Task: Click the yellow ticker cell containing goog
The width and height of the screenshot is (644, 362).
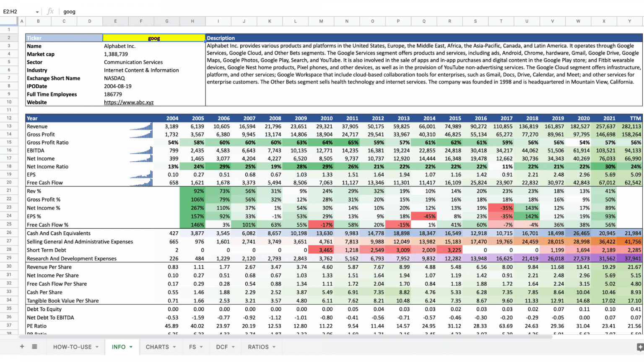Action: [153, 38]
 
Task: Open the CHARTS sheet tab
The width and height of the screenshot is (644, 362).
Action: [157, 347]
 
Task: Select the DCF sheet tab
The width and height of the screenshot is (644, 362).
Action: [222, 347]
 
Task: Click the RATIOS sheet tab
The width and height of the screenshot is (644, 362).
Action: [258, 347]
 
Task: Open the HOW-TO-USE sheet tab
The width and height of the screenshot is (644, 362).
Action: [72, 347]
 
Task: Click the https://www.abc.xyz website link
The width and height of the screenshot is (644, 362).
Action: [129, 102]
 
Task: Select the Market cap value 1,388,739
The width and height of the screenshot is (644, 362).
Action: [116, 54]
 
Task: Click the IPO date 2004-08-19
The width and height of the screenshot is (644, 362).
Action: [118, 86]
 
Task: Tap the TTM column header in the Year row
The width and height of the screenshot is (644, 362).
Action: [635, 119]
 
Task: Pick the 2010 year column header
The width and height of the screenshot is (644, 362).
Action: [326, 119]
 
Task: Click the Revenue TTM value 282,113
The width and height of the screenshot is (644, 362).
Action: [631, 127]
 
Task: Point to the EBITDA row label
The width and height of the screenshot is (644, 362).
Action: [36, 150]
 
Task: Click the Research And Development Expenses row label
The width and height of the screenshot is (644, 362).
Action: [72, 259]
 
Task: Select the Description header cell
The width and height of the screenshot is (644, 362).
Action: [221, 38]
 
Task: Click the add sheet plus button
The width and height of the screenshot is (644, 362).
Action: [22, 346]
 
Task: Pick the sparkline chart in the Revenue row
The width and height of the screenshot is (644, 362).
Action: [141, 127]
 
